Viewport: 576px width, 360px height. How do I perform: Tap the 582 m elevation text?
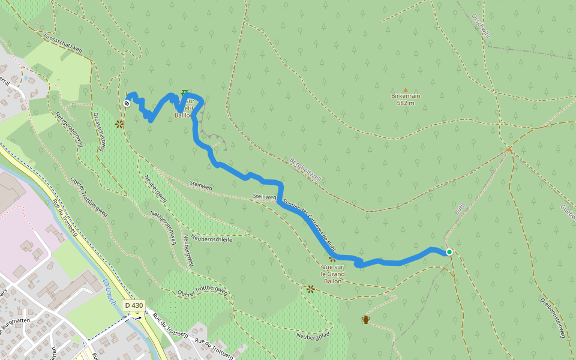pyautogui.click(x=406, y=103)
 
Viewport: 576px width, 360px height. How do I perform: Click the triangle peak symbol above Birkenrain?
pyautogui.click(x=405, y=89)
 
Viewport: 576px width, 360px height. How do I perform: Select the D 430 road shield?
pyautogui.click(x=134, y=305)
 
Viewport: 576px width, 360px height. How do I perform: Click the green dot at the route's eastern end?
pyautogui.click(x=449, y=252)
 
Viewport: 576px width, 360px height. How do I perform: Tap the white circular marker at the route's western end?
pyautogui.click(x=127, y=103)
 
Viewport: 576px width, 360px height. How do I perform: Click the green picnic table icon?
pyautogui.click(x=184, y=92)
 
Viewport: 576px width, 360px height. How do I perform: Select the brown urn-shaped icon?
pyautogui.click(x=365, y=319)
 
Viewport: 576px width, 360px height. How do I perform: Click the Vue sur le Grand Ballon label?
pyautogui.click(x=333, y=274)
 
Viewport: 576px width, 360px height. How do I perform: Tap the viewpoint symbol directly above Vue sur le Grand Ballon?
pyautogui.click(x=332, y=259)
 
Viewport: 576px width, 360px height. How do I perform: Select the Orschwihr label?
pyautogui.click(x=481, y=25)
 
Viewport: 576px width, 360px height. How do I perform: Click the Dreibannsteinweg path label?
pyautogui.click(x=553, y=318)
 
